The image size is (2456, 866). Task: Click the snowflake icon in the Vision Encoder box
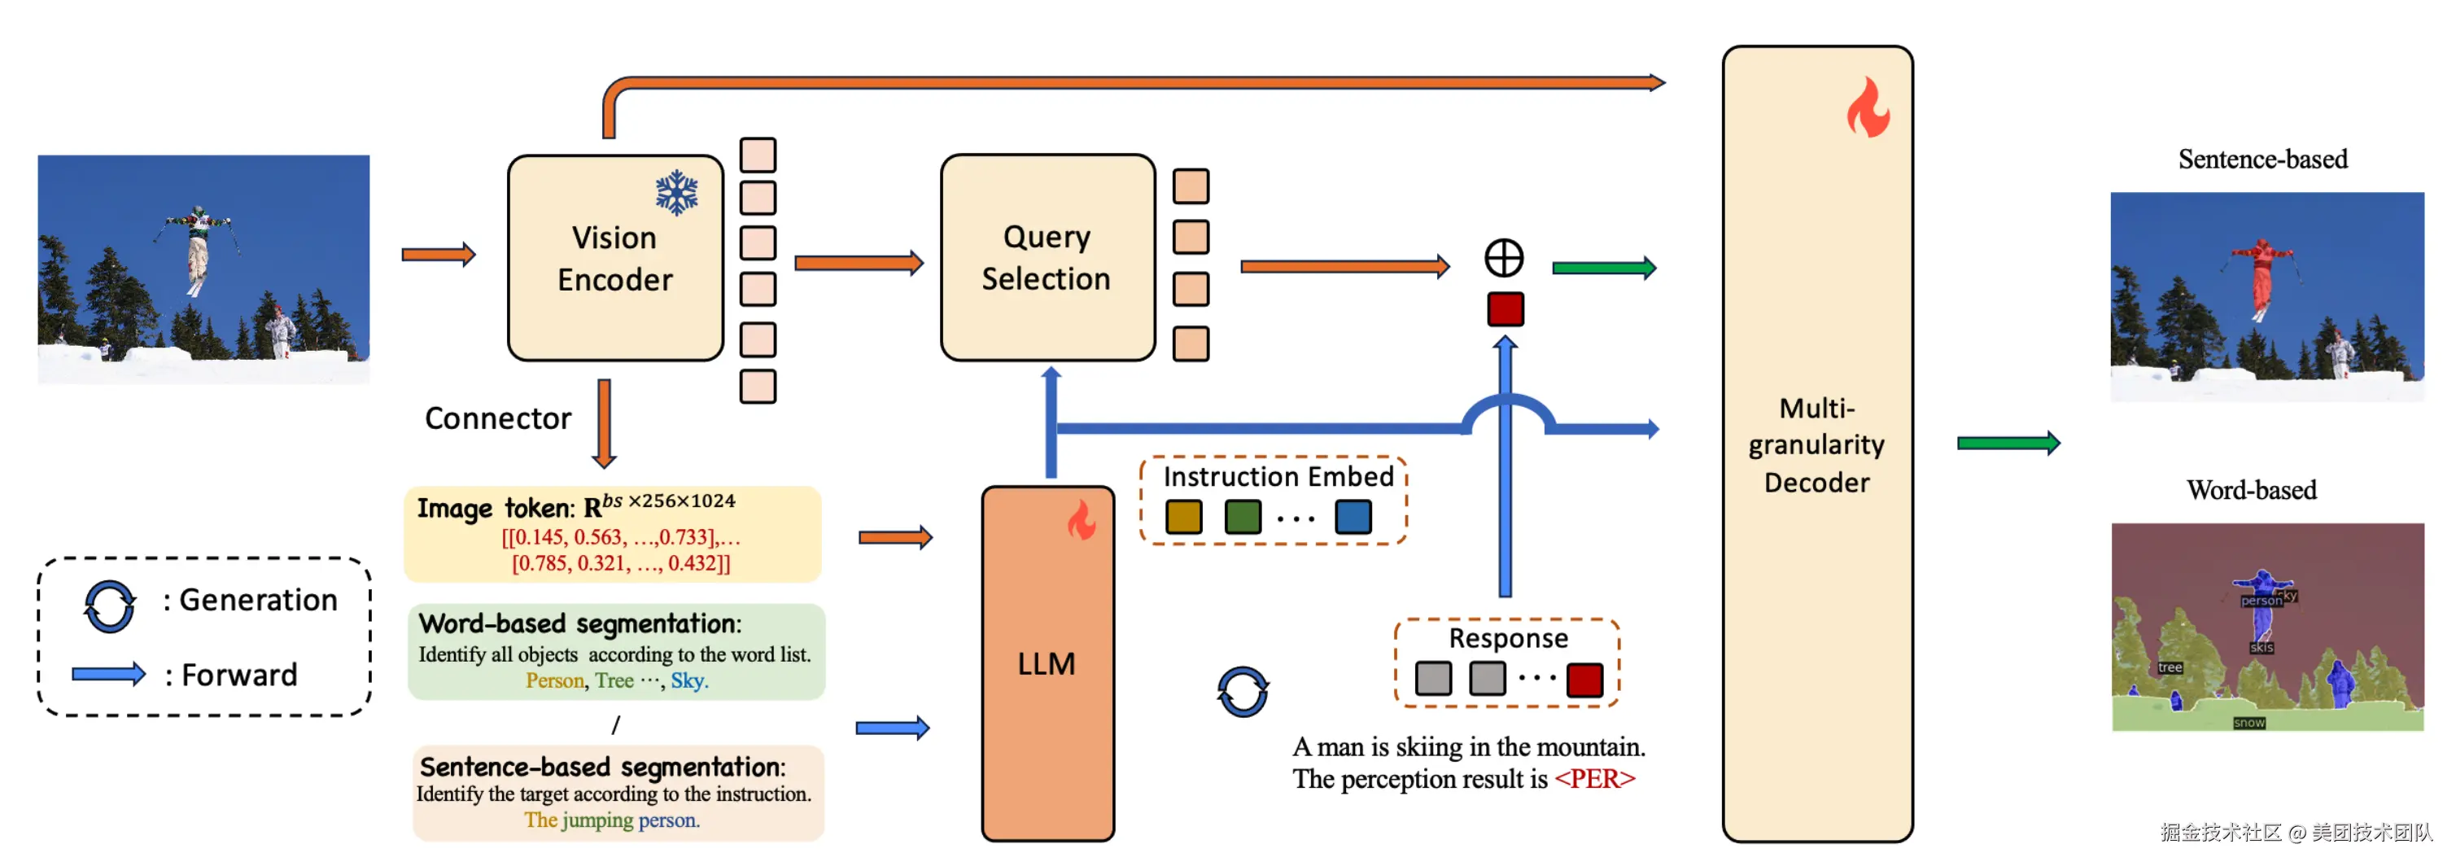click(676, 192)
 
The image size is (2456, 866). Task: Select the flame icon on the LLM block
click(1082, 521)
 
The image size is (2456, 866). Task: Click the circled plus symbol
click(1504, 257)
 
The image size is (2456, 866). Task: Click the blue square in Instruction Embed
click(1352, 517)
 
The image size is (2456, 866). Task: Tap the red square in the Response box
click(1584, 679)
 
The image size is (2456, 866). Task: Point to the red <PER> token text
click(1594, 779)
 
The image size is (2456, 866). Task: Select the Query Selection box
click(1047, 257)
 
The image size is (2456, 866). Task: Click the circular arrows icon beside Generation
click(109, 606)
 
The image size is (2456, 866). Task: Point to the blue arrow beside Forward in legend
click(109, 674)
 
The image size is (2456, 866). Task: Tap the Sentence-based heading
click(2262, 160)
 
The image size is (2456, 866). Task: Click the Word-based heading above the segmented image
click(2250, 490)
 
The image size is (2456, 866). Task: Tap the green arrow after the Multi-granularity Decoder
click(2007, 443)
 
